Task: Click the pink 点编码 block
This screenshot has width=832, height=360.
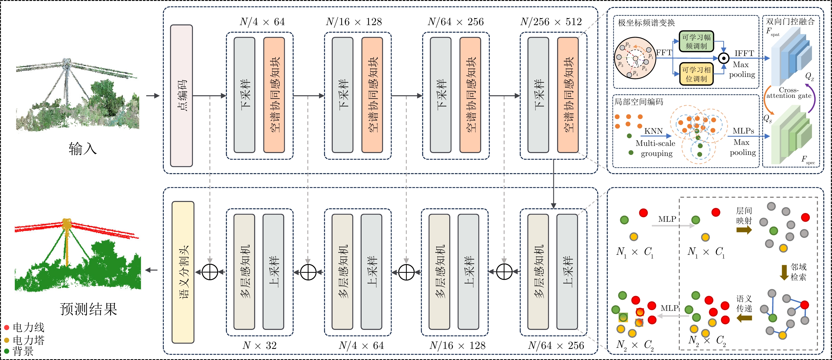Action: click(x=181, y=96)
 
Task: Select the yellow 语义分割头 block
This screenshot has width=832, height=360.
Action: click(x=183, y=272)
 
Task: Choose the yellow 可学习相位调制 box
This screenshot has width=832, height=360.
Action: click(x=696, y=74)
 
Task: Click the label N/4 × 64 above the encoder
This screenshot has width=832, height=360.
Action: click(x=262, y=22)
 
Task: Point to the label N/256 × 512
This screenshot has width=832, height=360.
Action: click(x=551, y=22)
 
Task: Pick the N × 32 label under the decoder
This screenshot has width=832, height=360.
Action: click(x=259, y=345)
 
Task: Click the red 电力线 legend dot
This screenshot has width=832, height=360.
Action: click(x=6, y=328)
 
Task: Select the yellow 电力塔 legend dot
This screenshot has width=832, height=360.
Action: click(x=6, y=340)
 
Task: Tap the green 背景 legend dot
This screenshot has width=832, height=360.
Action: click(x=6, y=351)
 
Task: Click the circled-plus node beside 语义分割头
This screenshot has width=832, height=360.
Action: click(x=210, y=272)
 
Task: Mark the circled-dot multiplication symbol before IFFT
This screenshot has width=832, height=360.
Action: click(x=724, y=58)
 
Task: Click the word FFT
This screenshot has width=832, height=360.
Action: click(x=664, y=52)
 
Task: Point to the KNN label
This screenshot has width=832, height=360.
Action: click(x=653, y=131)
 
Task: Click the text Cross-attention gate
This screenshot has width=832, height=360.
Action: click(x=789, y=93)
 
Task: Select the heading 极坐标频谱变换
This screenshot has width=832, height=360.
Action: click(x=646, y=23)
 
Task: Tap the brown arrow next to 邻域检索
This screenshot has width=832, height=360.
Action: click(x=784, y=273)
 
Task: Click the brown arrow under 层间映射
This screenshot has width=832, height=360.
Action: click(x=744, y=230)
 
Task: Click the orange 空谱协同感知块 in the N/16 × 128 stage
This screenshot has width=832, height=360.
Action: click(x=372, y=95)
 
